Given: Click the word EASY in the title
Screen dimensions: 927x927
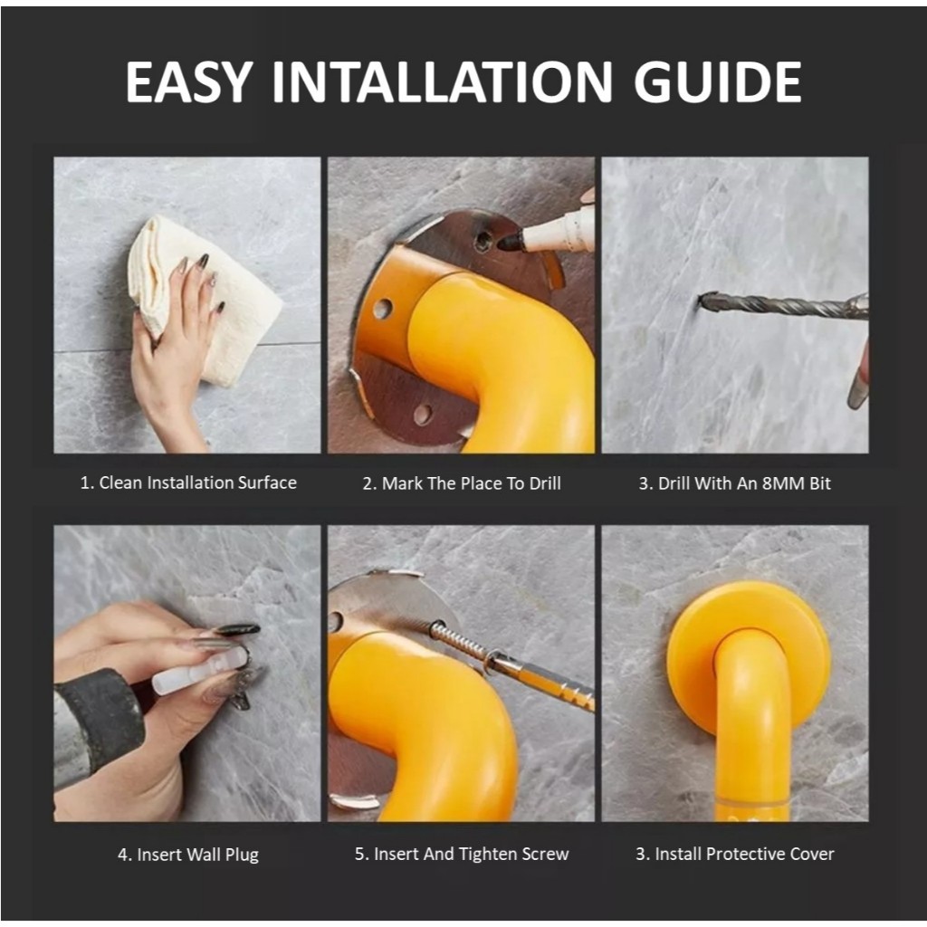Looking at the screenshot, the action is (x=189, y=82).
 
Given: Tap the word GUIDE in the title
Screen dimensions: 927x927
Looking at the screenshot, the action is (x=717, y=82).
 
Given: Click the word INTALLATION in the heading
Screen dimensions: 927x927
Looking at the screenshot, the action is (x=442, y=82).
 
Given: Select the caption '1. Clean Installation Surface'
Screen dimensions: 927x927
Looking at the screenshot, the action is (x=188, y=483).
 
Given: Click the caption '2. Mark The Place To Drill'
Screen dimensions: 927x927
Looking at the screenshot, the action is (x=462, y=483).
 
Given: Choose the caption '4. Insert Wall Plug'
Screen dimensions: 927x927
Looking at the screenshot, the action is (x=188, y=855).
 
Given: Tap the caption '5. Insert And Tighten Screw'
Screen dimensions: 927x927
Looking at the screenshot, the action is (x=462, y=855).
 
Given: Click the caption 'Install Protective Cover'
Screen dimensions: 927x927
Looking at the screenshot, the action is (x=744, y=855).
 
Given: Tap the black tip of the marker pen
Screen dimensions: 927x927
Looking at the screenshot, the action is (x=511, y=241).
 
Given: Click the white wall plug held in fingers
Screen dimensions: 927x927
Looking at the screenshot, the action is (x=198, y=670).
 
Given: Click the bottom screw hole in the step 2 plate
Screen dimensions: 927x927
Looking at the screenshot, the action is (x=422, y=415).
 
